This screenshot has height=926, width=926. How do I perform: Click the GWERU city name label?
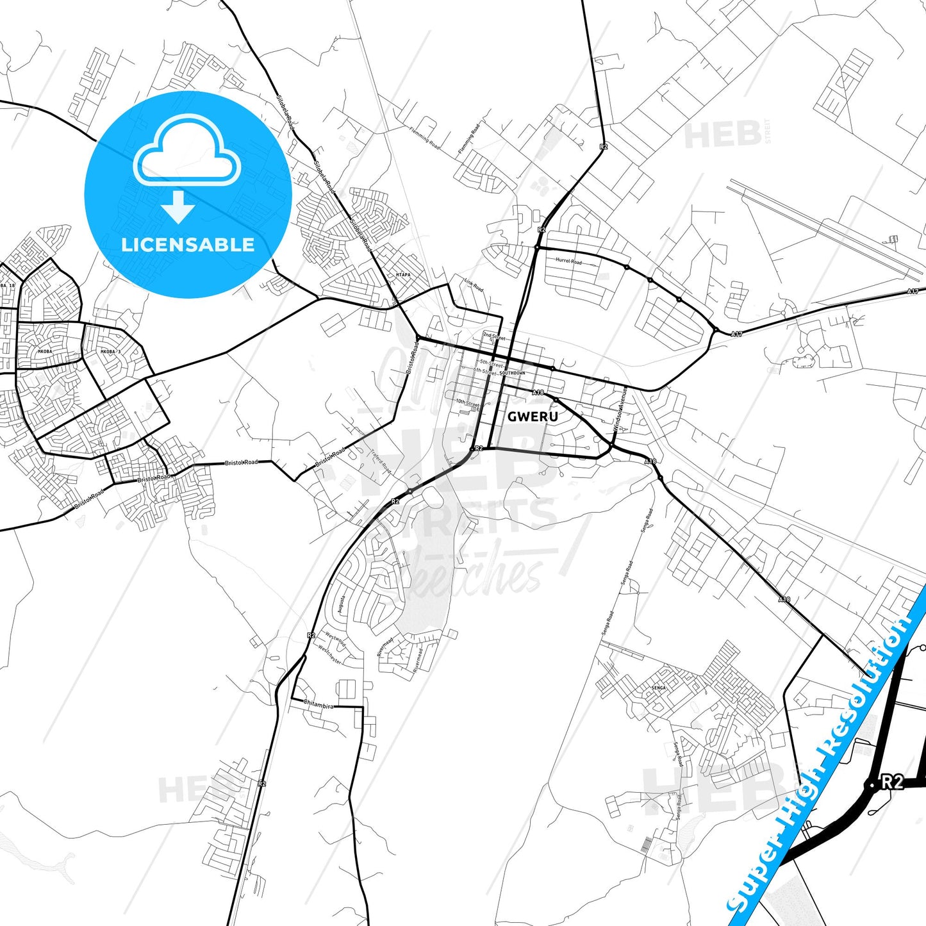(x=533, y=417)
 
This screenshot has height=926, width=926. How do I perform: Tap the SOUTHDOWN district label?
(x=512, y=373)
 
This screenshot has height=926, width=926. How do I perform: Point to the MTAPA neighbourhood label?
(x=403, y=275)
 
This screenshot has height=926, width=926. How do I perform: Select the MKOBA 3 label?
(x=110, y=352)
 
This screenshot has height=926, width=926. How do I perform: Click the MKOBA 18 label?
(x=7, y=285)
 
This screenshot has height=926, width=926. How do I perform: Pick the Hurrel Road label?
(x=568, y=261)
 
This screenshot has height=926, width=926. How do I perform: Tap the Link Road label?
(x=474, y=285)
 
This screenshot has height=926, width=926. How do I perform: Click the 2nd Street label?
(x=493, y=336)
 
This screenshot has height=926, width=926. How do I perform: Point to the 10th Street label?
(x=467, y=403)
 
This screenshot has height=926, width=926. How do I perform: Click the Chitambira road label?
(x=318, y=705)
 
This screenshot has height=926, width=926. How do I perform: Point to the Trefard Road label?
(x=380, y=461)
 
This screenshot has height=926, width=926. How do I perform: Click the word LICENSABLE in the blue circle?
(x=188, y=245)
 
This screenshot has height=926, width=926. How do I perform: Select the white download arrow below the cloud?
(x=178, y=207)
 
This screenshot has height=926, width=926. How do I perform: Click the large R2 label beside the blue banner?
(x=891, y=782)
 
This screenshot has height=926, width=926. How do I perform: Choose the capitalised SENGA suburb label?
(x=658, y=688)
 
